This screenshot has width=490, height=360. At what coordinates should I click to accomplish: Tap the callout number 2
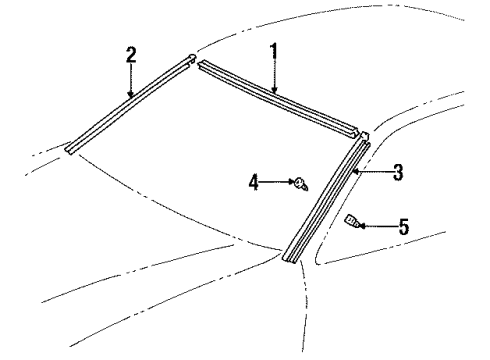pos(131,54)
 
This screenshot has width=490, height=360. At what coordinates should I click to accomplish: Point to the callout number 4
pos(254,181)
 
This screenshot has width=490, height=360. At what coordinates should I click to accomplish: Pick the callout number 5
pos(403,227)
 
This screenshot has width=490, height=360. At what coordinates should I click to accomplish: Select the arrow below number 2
pos(131,80)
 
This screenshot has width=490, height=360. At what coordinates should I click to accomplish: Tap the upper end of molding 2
pos(190,59)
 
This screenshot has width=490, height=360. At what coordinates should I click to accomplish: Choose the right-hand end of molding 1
pos(355,131)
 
